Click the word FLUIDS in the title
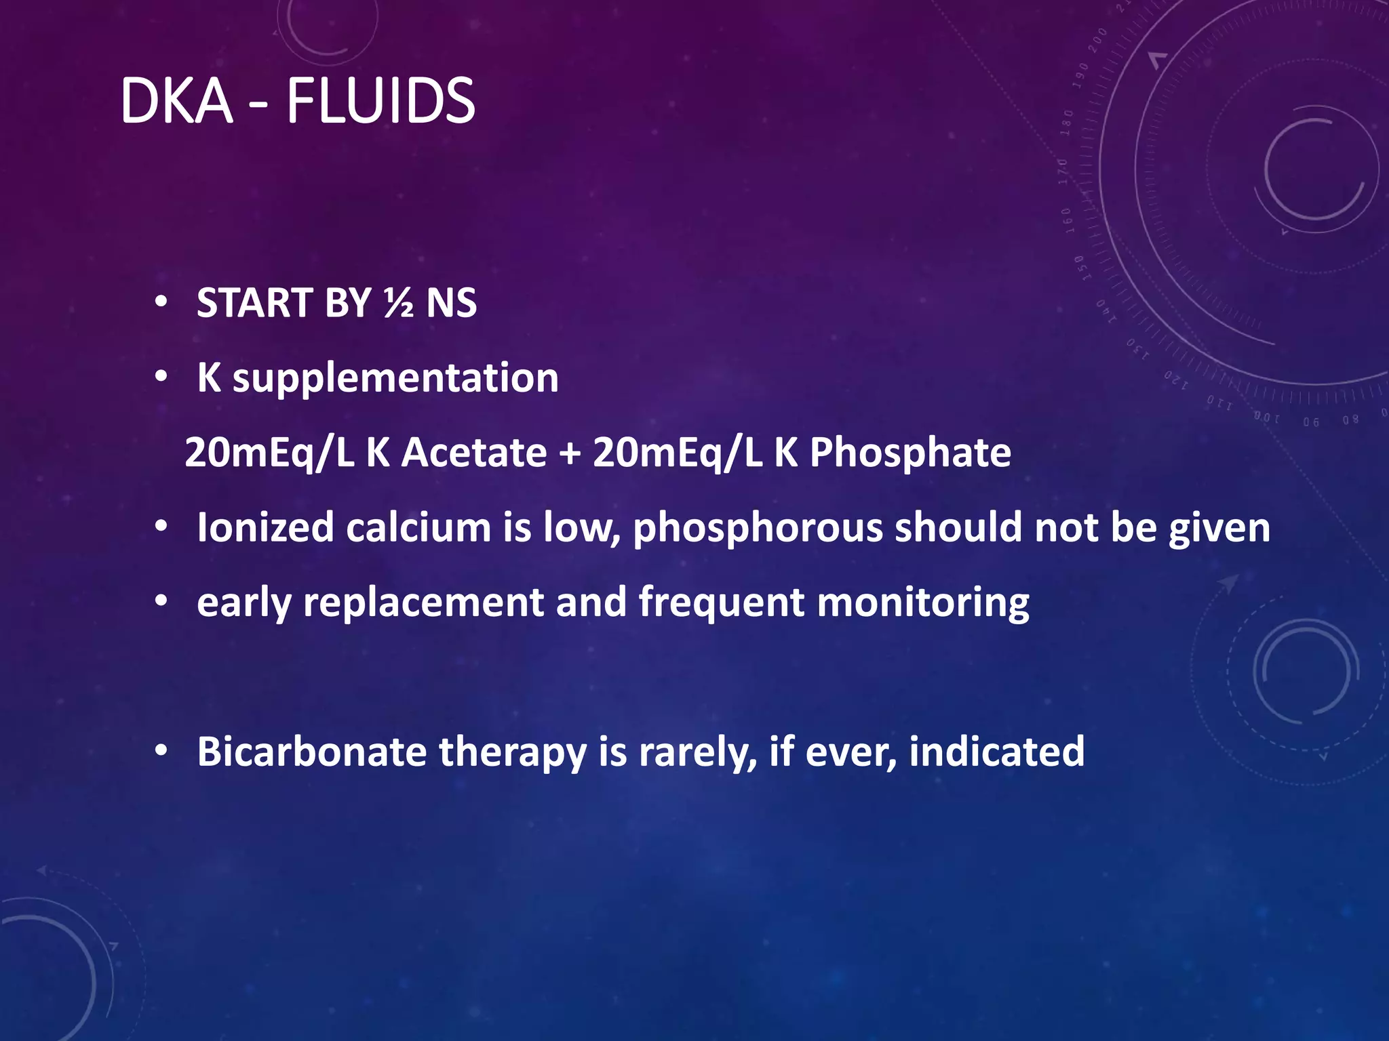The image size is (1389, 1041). point(380,101)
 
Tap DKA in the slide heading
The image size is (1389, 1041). point(176,101)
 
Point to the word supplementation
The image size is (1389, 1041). point(395,378)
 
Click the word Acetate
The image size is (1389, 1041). point(474,452)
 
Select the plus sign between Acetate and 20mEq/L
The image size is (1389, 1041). point(570,453)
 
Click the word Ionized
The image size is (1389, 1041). point(265,527)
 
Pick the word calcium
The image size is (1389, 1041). point(418,527)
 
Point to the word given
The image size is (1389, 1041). point(1219,529)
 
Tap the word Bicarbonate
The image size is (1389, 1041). point(312,752)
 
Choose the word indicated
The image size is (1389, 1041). point(996,752)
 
